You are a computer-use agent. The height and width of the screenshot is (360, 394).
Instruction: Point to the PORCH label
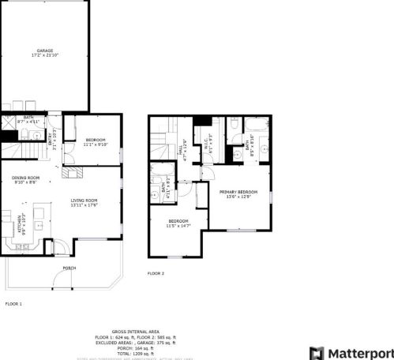pyautogui.click(x=69, y=268)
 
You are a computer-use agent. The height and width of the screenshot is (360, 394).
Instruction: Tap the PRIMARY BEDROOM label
pyautogui.click(x=237, y=193)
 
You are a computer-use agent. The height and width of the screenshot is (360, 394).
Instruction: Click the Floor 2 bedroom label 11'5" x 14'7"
pyautogui.click(x=179, y=223)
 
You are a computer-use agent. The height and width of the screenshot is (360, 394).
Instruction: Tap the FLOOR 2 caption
pyautogui.click(x=156, y=273)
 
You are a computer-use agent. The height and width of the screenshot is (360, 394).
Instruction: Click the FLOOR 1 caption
pyautogui.click(x=13, y=304)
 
